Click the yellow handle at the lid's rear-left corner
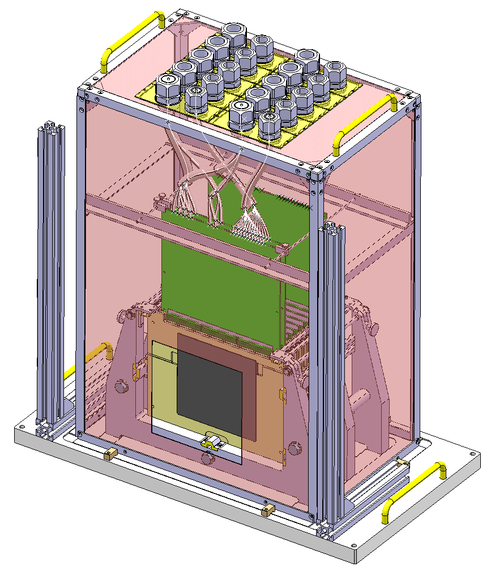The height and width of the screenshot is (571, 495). coord(131,38)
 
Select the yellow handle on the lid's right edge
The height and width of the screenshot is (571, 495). coord(365,119)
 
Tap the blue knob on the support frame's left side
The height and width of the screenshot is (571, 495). coord(121,387)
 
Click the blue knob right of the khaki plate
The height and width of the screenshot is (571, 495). coord(294,449)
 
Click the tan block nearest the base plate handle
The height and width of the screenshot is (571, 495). coord(403,463)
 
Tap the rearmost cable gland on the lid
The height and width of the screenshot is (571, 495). coord(233,36)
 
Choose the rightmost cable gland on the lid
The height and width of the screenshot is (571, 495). coord(335,74)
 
